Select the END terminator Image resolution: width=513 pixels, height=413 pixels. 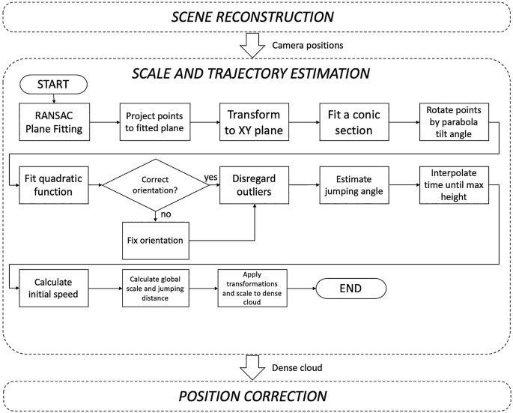(351, 289)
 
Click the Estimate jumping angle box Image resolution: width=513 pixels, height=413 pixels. (350, 184)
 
